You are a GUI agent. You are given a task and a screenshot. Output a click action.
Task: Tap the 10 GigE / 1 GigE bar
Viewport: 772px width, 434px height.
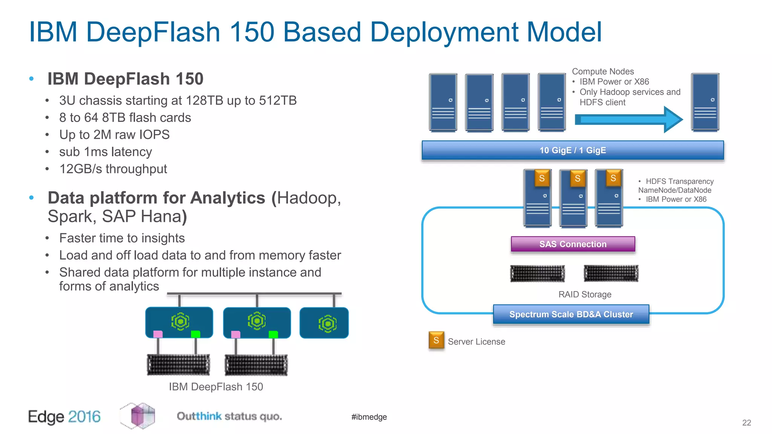tap(573, 150)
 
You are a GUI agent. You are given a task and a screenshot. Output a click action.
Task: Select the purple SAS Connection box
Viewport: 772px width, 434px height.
tap(573, 244)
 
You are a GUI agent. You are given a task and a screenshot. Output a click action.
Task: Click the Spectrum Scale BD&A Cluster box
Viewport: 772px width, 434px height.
tap(571, 314)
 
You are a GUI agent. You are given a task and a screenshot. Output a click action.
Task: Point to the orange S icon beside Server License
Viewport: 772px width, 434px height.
tap(436, 340)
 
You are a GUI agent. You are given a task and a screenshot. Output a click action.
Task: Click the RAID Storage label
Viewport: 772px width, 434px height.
tap(585, 294)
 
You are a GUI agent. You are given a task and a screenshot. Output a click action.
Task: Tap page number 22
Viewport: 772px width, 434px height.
tap(746, 423)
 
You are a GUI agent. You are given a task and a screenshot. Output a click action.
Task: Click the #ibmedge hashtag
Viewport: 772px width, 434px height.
tap(369, 417)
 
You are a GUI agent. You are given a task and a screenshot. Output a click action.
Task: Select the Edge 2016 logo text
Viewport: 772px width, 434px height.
tap(64, 417)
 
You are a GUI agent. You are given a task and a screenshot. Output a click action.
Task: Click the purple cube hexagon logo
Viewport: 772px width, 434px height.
tap(138, 416)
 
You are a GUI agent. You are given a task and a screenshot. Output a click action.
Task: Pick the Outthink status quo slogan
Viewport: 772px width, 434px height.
tap(229, 416)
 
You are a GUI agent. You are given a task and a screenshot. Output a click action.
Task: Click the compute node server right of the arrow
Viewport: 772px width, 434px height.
tap(705, 102)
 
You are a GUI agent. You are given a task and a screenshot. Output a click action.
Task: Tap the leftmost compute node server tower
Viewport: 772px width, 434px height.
tap(443, 102)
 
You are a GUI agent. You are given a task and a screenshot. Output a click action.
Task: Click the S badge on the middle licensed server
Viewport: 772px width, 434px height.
tap(577, 179)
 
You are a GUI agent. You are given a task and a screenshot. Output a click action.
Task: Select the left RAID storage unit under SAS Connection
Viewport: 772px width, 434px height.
tap(537, 274)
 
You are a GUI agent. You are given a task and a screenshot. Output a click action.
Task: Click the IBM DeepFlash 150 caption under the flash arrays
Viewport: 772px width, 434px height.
tap(216, 387)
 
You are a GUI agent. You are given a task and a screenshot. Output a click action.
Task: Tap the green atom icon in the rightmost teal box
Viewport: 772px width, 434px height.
tap(327, 323)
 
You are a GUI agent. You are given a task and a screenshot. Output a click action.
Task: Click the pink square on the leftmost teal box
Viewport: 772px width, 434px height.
tap(158, 334)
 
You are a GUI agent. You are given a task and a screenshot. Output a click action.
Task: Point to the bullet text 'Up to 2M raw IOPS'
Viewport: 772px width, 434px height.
tap(114, 134)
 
